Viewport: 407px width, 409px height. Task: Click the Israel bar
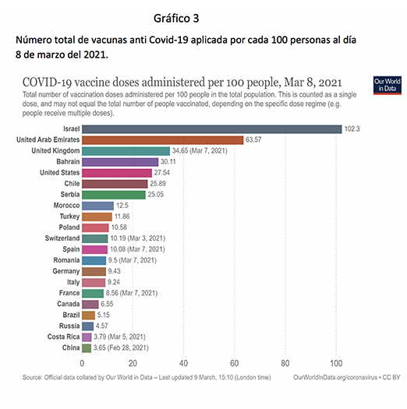pyautogui.click(x=212, y=129)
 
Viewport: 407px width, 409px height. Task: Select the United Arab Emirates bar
pyautogui.click(x=163, y=140)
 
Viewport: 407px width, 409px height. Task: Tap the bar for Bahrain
pyautogui.click(x=120, y=162)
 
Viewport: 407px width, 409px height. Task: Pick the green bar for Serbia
pyautogui.click(x=114, y=195)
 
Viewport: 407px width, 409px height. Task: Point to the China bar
pyautogui.click(x=87, y=348)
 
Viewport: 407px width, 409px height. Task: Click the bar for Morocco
pyautogui.click(x=98, y=206)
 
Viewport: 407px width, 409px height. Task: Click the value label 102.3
pyautogui.click(x=352, y=129)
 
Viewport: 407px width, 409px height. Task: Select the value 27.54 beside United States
pyautogui.click(x=162, y=173)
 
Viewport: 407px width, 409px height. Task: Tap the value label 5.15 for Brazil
pyautogui.click(x=104, y=315)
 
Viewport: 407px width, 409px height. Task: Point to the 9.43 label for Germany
pyautogui.click(x=115, y=271)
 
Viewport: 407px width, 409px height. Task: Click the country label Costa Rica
pyautogui.click(x=63, y=337)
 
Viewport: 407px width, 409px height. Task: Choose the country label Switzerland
pyautogui.click(x=62, y=238)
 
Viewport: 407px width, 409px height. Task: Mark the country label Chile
pyautogui.click(x=72, y=183)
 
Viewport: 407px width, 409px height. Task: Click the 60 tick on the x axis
pyautogui.click(x=234, y=363)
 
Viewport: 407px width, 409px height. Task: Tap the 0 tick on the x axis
pyautogui.click(x=82, y=363)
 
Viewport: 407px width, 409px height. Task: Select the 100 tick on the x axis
pyautogui.click(x=336, y=363)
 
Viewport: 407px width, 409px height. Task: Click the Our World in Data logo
pyautogui.click(x=388, y=85)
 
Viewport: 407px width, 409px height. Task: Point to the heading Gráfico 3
pyautogui.click(x=176, y=18)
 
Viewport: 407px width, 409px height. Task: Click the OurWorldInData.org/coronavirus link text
pyautogui.click(x=335, y=377)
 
